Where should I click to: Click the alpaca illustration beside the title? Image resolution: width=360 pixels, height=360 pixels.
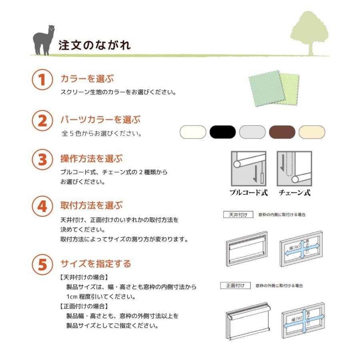43,40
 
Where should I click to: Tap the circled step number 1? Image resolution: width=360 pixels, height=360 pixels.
42,80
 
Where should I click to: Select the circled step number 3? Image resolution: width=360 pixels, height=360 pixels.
42,160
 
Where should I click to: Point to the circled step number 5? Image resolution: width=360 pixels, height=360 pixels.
42,264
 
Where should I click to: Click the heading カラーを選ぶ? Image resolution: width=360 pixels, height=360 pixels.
87,78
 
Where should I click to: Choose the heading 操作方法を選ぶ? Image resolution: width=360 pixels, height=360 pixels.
91,158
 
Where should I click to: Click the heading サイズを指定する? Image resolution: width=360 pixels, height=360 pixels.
96,264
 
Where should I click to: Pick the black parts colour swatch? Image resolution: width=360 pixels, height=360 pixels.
223,132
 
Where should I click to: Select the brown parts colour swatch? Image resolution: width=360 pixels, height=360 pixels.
282,132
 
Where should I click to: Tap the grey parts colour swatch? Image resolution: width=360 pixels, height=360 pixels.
252,132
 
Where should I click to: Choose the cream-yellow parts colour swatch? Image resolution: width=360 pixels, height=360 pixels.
312,132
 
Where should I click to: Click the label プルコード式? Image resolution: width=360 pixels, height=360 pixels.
248,192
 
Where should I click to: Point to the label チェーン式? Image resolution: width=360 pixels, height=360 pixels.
294,192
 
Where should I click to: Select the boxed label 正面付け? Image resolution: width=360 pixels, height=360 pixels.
236,286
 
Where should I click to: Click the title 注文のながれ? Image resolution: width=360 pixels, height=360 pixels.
94,45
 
